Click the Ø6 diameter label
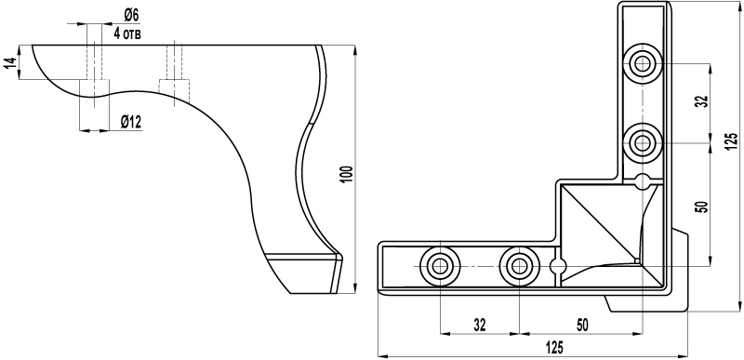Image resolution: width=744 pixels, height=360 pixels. [131, 16]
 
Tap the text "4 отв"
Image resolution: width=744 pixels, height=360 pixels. [127, 33]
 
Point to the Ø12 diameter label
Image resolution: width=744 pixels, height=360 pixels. [131, 123]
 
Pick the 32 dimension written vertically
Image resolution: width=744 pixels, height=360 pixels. [703, 100]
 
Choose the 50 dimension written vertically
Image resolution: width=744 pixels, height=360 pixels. [703, 207]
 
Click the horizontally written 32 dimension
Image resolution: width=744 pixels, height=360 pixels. [480, 325]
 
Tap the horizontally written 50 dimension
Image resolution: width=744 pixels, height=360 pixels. [582, 325]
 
